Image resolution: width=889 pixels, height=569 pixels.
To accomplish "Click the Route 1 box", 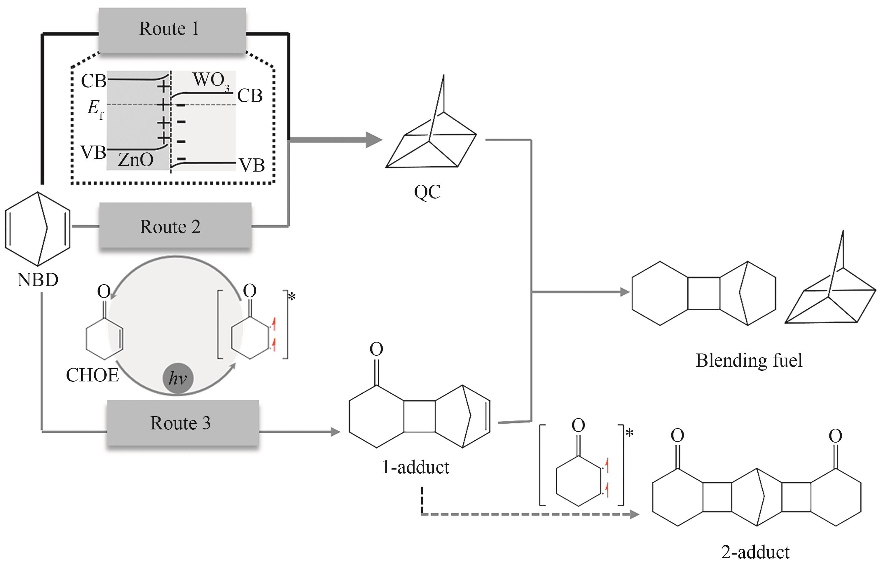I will point(172,29).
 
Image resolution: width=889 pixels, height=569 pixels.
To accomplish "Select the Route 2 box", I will point(175,226).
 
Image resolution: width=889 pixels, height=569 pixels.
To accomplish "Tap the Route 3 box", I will point(183,423).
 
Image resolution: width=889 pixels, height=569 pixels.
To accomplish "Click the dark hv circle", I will point(178,378).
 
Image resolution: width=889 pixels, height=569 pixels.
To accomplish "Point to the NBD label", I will point(38,280).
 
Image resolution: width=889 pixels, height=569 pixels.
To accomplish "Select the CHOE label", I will point(92,375).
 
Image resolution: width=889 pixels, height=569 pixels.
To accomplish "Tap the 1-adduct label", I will point(415,467).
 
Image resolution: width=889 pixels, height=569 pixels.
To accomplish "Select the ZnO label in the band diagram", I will point(135,160).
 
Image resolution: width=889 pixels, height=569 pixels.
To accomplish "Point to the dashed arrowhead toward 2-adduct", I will point(634,514).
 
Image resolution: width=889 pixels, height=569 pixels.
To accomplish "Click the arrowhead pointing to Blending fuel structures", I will point(625,292).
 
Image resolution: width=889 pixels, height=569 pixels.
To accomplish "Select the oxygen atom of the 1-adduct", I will point(376,349).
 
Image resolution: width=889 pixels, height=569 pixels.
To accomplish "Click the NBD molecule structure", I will point(37,229).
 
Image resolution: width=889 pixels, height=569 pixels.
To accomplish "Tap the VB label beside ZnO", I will point(93,152).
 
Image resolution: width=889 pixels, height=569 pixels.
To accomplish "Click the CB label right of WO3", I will point(250,96).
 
